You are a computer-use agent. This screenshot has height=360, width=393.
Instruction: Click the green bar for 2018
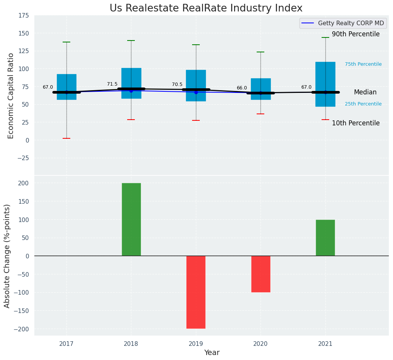[131, 219]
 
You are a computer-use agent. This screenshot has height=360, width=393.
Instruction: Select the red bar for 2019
[196, 292]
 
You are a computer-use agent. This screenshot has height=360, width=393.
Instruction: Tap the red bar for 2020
[260, 274]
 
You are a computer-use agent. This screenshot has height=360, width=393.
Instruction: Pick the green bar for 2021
[325, 238]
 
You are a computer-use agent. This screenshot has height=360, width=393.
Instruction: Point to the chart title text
[206, 8]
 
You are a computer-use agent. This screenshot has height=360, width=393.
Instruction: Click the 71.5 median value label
[112, 84]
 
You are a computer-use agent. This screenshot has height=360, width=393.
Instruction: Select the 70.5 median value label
[177, 84]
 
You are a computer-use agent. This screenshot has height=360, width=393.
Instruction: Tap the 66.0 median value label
[242, 88]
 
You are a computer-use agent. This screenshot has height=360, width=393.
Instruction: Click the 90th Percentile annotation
[356, 34]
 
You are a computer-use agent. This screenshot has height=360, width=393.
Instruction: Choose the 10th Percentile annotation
[356, 123]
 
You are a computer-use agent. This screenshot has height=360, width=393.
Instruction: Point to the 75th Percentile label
[363, 64]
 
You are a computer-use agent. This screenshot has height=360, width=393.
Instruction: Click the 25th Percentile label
[363, 104]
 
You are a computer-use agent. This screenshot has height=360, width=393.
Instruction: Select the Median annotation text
[365, 92]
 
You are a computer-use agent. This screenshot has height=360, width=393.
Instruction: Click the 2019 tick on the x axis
[196, 344]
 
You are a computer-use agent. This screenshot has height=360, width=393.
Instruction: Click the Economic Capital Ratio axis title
[11, 96]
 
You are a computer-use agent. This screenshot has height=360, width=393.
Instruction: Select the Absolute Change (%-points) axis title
[7, 256]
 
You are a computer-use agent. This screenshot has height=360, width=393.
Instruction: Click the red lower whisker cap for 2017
[66, 138]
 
